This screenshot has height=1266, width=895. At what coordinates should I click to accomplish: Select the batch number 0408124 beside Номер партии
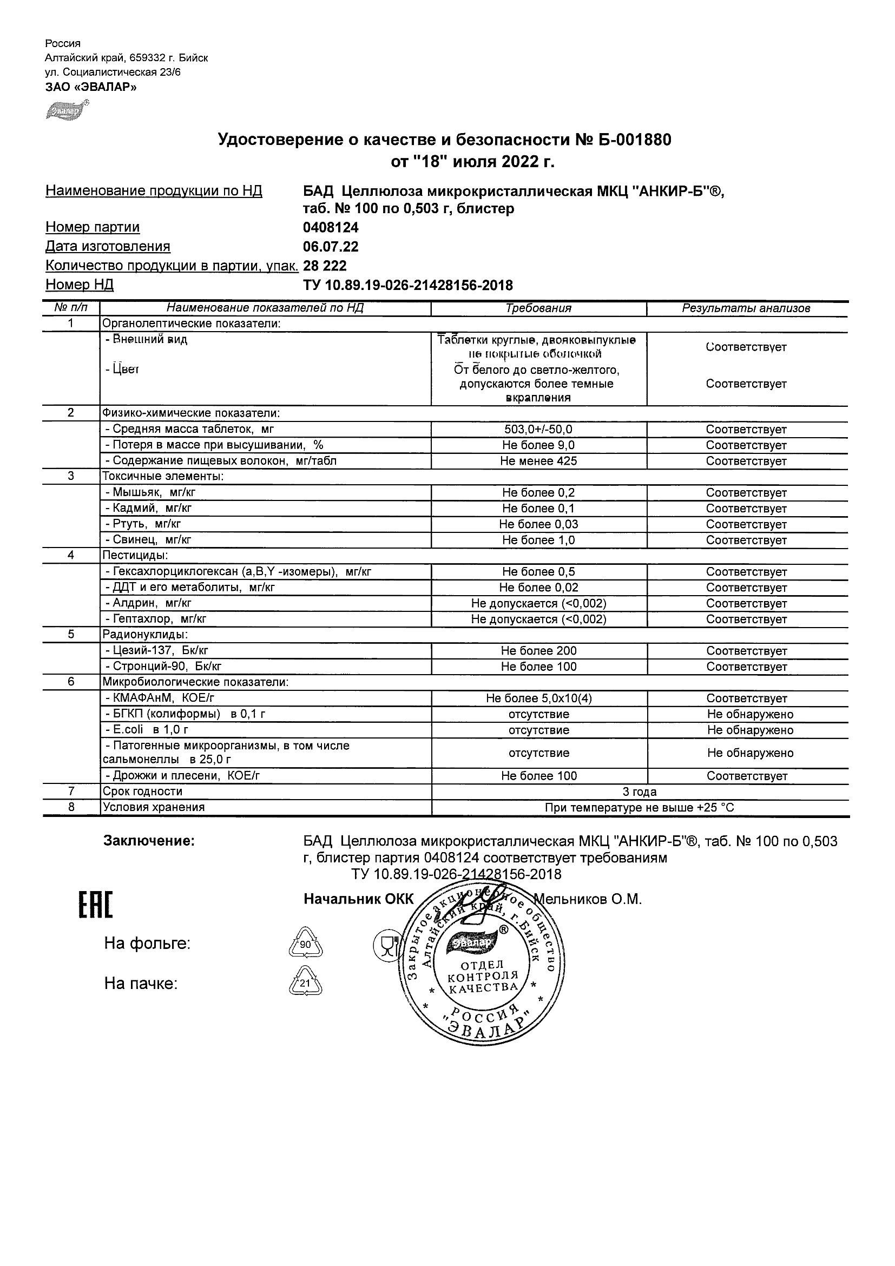331,227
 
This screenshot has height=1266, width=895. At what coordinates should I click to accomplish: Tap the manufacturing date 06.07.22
331,247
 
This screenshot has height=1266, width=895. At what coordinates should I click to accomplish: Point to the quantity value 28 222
325,266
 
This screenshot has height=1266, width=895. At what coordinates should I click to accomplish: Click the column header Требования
538,309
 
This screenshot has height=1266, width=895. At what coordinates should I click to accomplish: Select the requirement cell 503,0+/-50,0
538,430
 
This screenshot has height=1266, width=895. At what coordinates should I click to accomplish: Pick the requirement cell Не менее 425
538,461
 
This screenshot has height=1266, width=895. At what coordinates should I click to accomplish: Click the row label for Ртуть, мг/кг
143,524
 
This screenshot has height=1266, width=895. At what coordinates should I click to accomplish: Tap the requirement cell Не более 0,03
538,524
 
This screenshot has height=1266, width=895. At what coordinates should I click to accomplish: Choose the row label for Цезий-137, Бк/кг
156,651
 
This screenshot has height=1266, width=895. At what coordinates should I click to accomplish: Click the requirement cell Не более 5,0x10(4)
538,698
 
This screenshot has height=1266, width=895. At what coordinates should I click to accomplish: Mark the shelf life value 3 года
639,792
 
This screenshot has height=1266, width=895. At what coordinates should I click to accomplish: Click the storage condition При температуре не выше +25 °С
639,808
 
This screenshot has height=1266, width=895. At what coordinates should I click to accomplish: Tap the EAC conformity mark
95,905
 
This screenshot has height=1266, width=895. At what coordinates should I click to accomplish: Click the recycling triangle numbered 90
305,945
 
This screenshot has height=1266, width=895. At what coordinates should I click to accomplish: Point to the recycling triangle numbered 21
305,983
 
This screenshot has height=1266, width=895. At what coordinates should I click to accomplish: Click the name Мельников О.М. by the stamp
588,899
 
